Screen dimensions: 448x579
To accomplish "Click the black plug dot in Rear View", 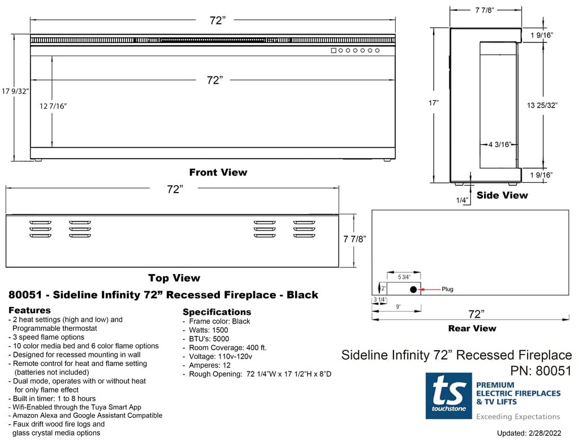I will [413, 289].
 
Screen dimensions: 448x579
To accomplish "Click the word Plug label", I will [447, 289].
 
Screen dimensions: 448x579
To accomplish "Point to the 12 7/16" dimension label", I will [53, 106].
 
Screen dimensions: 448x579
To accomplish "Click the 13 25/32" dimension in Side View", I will [542, 105].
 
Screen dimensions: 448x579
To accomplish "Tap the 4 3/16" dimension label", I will [500, 144].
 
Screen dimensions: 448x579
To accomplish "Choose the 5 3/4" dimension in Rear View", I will [404, 277].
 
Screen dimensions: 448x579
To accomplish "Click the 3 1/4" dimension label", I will [379, 299].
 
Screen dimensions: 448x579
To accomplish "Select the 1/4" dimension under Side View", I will [462, 200].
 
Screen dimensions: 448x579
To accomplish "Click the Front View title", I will [218, 172].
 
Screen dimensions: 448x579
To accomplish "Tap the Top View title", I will [174, 278].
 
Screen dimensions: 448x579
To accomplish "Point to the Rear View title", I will [472, 328].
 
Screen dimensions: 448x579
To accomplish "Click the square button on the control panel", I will [334, 51].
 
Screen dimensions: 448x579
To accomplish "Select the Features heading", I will [29, 310].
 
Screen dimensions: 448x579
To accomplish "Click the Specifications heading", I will [217, 312].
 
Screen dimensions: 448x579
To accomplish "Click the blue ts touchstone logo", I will [448, 395].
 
